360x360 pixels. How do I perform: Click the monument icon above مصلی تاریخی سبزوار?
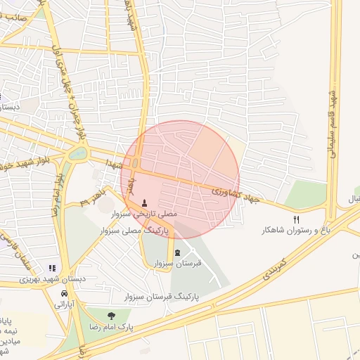pos(145,202)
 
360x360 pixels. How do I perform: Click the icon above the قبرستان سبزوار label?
pos(176,253)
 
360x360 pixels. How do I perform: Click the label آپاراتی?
pos(65,304)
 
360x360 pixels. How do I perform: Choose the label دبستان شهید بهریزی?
pos(53,279)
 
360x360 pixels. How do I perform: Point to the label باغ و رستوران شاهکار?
pos(295,230)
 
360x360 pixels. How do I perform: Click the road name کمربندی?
pos(275,269)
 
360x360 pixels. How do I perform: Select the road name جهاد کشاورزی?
pos(236,195)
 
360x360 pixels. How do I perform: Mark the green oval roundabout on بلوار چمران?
pos(78,153)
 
